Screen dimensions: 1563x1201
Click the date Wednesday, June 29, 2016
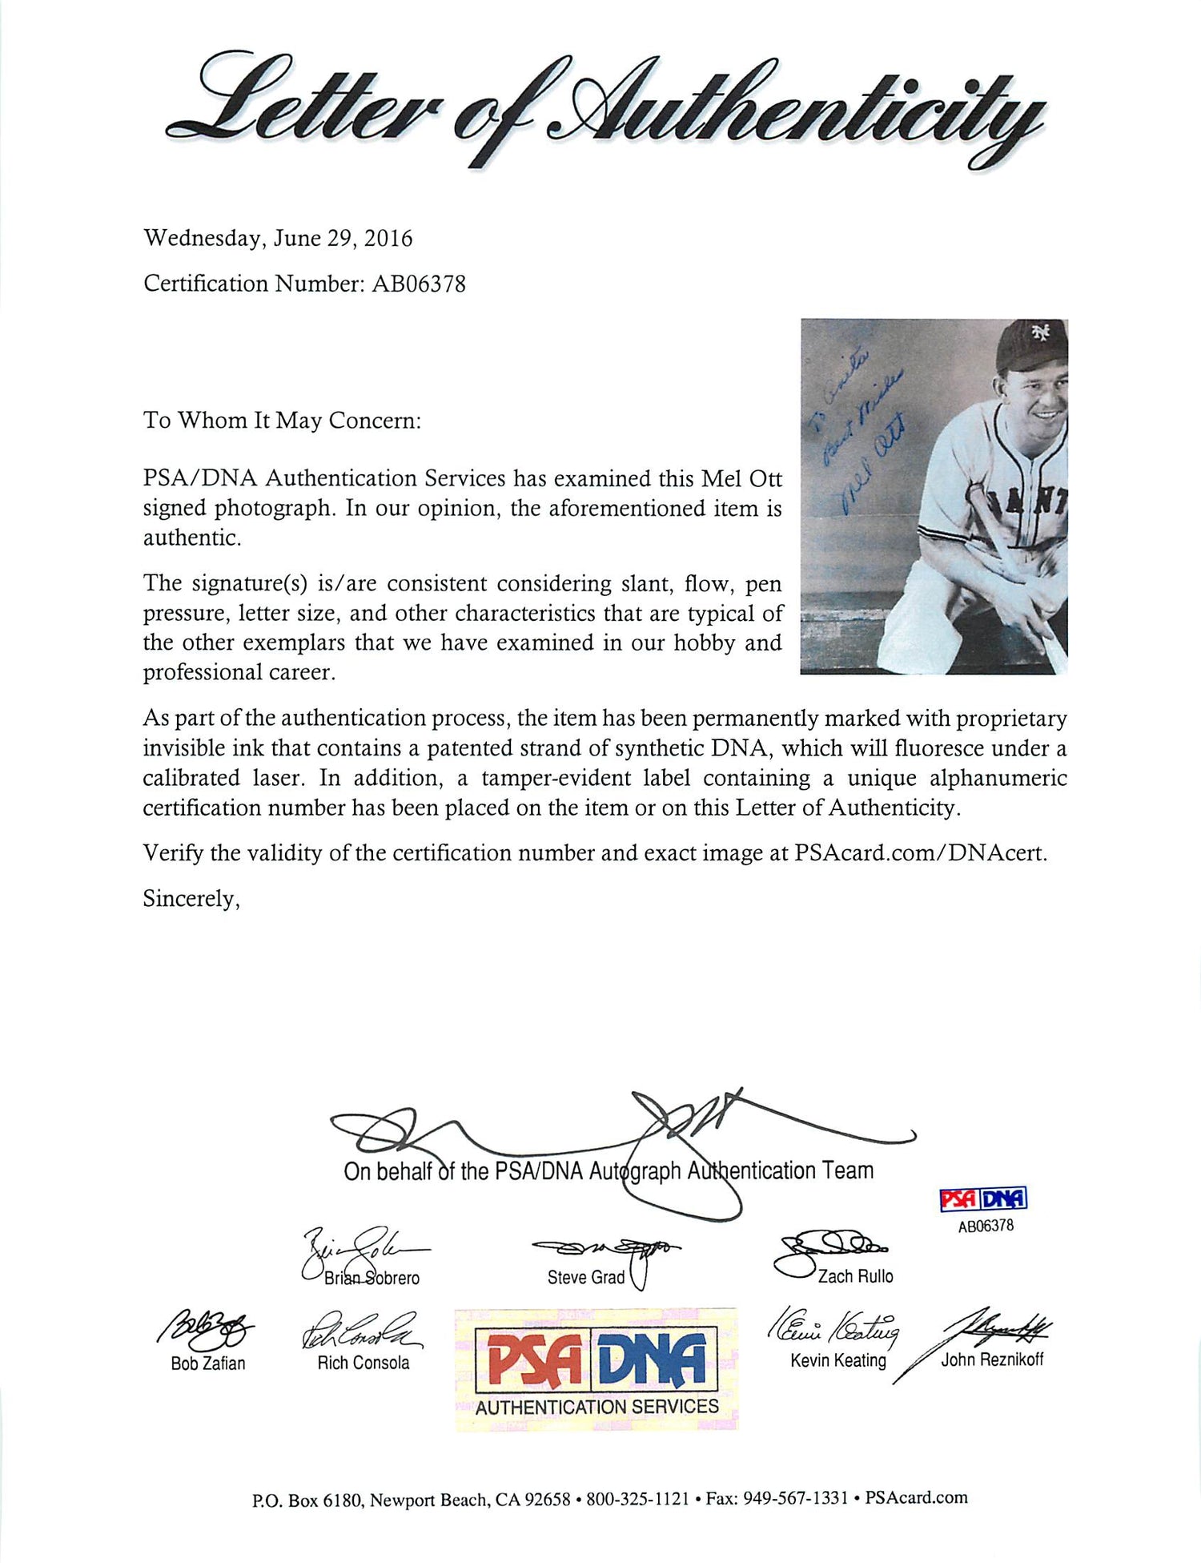point(278,239)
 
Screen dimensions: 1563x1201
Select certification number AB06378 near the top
point(418,284)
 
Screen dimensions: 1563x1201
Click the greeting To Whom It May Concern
point(282,421)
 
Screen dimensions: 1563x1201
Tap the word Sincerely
point(191,899)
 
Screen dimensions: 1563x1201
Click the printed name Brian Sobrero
point(372,1278)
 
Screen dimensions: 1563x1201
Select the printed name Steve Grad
point(585,1277)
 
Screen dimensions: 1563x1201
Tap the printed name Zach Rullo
point(855,1276)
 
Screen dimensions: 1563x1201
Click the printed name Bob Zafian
point(207,1363)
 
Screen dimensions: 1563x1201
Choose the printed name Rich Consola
point(363,1363)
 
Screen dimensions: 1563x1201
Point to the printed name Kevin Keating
point(837,1360)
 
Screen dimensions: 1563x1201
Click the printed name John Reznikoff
point(992,1360)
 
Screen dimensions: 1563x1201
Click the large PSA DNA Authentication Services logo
point(596,1371)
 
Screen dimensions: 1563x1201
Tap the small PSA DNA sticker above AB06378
point(983,1198)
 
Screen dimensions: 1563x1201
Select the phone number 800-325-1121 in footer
point(637,1499)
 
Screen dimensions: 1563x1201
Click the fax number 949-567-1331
point(795,1499)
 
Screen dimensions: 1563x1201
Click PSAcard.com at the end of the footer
point(916,1498)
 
